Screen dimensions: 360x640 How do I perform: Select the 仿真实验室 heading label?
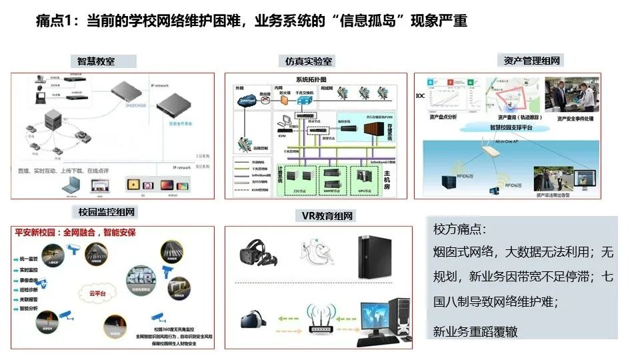[x=309, y=61]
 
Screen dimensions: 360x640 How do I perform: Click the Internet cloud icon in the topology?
[x=247, y=101]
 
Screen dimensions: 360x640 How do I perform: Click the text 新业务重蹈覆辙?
[x=475, y=331]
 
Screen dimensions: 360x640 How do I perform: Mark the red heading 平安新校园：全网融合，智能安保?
[x=75, y=234]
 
